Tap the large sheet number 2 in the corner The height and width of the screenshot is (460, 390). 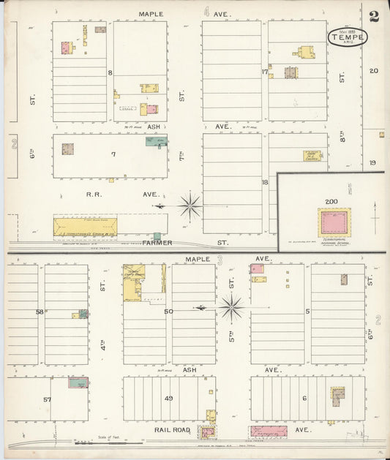click(374, 16)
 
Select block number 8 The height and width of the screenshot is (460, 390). click(110, 72)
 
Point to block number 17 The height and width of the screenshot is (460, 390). click(265, 72)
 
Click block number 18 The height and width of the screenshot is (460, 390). click(265, 181)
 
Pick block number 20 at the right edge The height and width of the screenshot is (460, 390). click(373, 71)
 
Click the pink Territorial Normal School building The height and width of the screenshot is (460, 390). click(334, 222)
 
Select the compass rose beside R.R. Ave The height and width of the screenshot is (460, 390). click(190, 206)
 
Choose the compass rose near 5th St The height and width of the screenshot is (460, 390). click(233, 308)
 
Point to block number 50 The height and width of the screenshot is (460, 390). click(169, 312)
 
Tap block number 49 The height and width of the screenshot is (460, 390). click(169, 399)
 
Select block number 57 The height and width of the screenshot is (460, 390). click(47, 399)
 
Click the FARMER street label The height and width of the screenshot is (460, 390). click(157, 242)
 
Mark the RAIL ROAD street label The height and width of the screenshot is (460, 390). click(173, 430)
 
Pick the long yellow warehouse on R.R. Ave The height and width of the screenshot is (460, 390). click(85, 226)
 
